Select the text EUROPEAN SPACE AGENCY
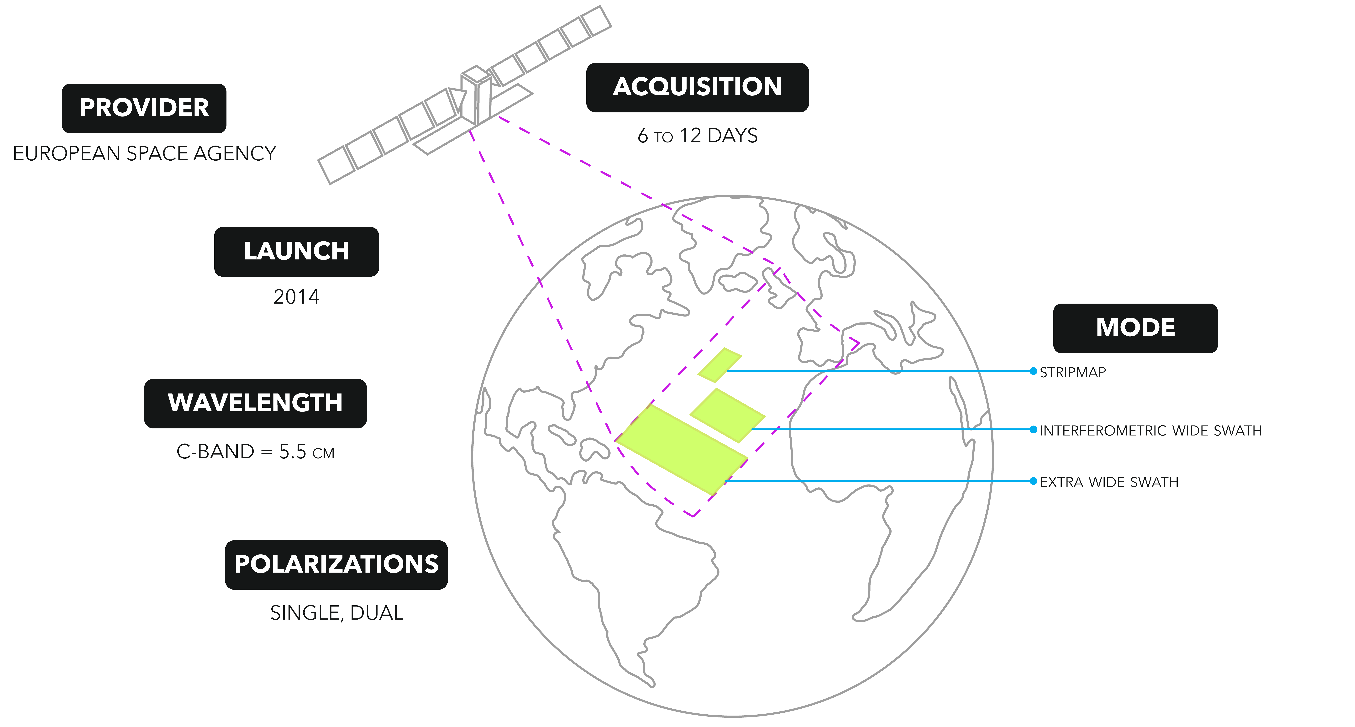pos(144,154)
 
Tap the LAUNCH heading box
pos(296,251)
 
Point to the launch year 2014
pos(296,297)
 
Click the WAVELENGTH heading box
pos(255,403)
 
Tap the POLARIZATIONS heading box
pos(336,564)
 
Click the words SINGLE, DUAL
pos(336,613)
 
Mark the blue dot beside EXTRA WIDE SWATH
pos(1033,481)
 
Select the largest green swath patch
pos(681,449)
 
